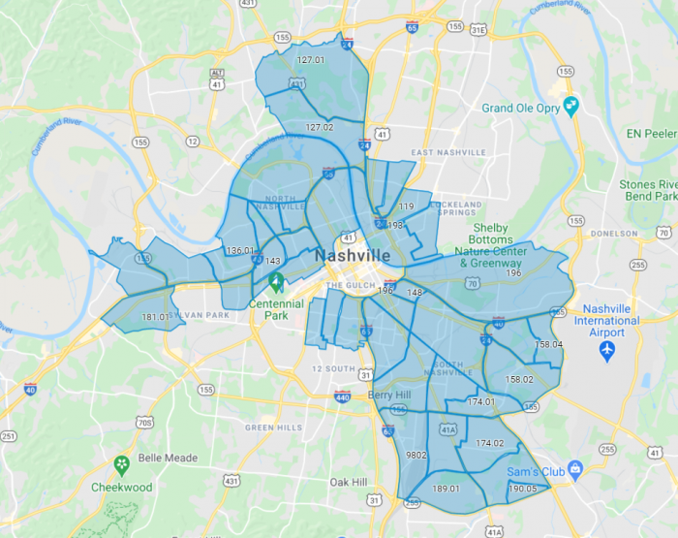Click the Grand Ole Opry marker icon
570,107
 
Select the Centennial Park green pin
276,283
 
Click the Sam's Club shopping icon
575,468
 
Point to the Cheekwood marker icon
122,465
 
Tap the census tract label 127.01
310,60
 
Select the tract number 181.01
156,317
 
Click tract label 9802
417,455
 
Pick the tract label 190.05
522,489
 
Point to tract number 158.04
548,344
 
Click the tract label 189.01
447,489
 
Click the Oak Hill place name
348,482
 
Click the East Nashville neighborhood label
448,152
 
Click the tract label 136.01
240,251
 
